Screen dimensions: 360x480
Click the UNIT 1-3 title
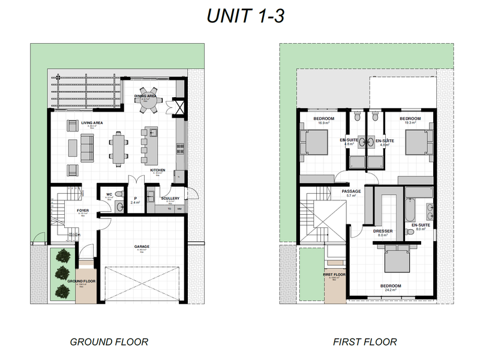coord(245,16)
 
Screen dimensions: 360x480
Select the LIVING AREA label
coord(92,122)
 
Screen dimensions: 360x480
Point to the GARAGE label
coord(142,246)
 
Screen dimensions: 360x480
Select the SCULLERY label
coord(170,198)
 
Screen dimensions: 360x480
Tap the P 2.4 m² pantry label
coord(136,200)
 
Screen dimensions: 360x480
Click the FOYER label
coord(83,211)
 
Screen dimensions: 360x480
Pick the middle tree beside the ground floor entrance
coord(62,273)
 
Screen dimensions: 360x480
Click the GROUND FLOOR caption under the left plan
coord(109,342)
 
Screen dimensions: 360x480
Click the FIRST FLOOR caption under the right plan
coord(365,342)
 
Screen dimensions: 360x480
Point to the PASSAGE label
coord(351,191)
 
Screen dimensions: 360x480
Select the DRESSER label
coord(382,230)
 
